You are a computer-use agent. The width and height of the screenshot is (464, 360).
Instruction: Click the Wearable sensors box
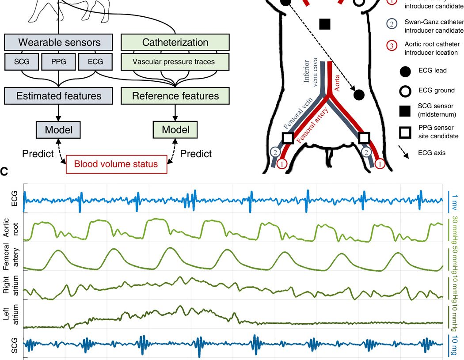coord(59,43)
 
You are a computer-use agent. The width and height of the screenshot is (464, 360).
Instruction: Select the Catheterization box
coord(175,43)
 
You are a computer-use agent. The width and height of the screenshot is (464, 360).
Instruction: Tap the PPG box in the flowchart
coord(59,61)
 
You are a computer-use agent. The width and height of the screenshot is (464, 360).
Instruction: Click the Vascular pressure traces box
coord(175,61)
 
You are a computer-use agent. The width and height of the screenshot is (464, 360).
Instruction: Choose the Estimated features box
coord(59,95)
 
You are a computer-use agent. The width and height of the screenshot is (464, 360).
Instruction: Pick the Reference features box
coord(175,95)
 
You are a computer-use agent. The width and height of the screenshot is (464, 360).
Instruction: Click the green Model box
coord(175,129)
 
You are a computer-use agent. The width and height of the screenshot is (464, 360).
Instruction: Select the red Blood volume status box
coord(116,164)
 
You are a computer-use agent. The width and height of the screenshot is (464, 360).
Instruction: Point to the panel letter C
coord(4,171)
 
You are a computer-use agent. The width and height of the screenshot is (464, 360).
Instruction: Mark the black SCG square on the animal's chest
coord(325,24)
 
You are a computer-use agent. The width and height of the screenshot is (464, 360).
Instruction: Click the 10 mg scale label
coord(456,345)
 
